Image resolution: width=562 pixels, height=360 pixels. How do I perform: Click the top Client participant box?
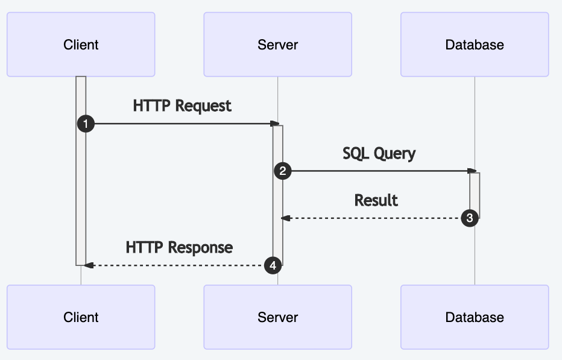(81, 45)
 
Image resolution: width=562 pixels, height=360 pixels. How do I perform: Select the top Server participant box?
(277, 45)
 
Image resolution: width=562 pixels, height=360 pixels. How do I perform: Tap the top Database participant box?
(475, 45)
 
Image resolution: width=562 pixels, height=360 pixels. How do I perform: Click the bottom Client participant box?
(81, 317)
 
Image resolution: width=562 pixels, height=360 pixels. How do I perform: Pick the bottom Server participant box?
(277, 317)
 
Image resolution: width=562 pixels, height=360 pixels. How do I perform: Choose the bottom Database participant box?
(475, 317)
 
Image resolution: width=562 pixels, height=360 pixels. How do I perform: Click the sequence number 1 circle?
(86, 124)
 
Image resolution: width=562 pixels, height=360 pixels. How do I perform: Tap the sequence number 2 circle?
(282, 171)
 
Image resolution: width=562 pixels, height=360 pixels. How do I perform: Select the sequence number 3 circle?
(470, 218)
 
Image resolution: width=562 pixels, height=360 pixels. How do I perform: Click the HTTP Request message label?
(182, 106)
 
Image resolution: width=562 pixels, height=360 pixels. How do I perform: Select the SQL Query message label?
(379, 153)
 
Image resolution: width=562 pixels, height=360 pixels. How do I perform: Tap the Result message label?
(376, 200)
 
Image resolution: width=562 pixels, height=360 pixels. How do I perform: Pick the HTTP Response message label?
(179, 247)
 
